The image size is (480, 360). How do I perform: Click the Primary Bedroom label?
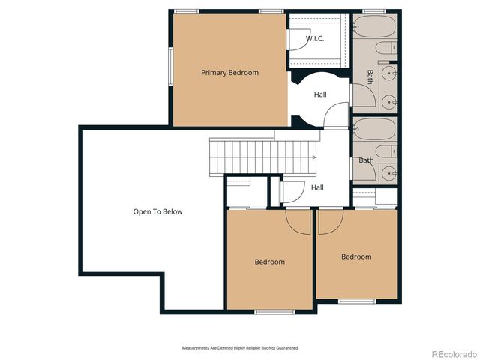pos(229,73)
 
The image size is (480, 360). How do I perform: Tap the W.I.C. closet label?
pos(315,39)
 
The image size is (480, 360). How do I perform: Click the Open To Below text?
pos(157,211)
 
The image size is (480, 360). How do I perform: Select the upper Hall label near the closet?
pos(320,94)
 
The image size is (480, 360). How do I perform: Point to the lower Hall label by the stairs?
pos(317,187)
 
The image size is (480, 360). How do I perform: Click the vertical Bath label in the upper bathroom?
pos(370,77)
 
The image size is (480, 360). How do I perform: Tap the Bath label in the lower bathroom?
pos(366,160)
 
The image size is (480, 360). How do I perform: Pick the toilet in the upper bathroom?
pos(384,50)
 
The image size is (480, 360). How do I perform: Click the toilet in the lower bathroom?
pos(384,152)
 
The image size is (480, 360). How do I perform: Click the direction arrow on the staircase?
pos(311,157)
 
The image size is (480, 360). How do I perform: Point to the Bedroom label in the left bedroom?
pos(269,262)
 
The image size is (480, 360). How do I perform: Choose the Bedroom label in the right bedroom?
pos(356,256)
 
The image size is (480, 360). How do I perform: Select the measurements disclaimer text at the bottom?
pos(240,348)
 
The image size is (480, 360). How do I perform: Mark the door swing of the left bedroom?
pos(298,220)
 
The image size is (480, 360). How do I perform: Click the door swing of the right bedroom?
pos(331,220)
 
